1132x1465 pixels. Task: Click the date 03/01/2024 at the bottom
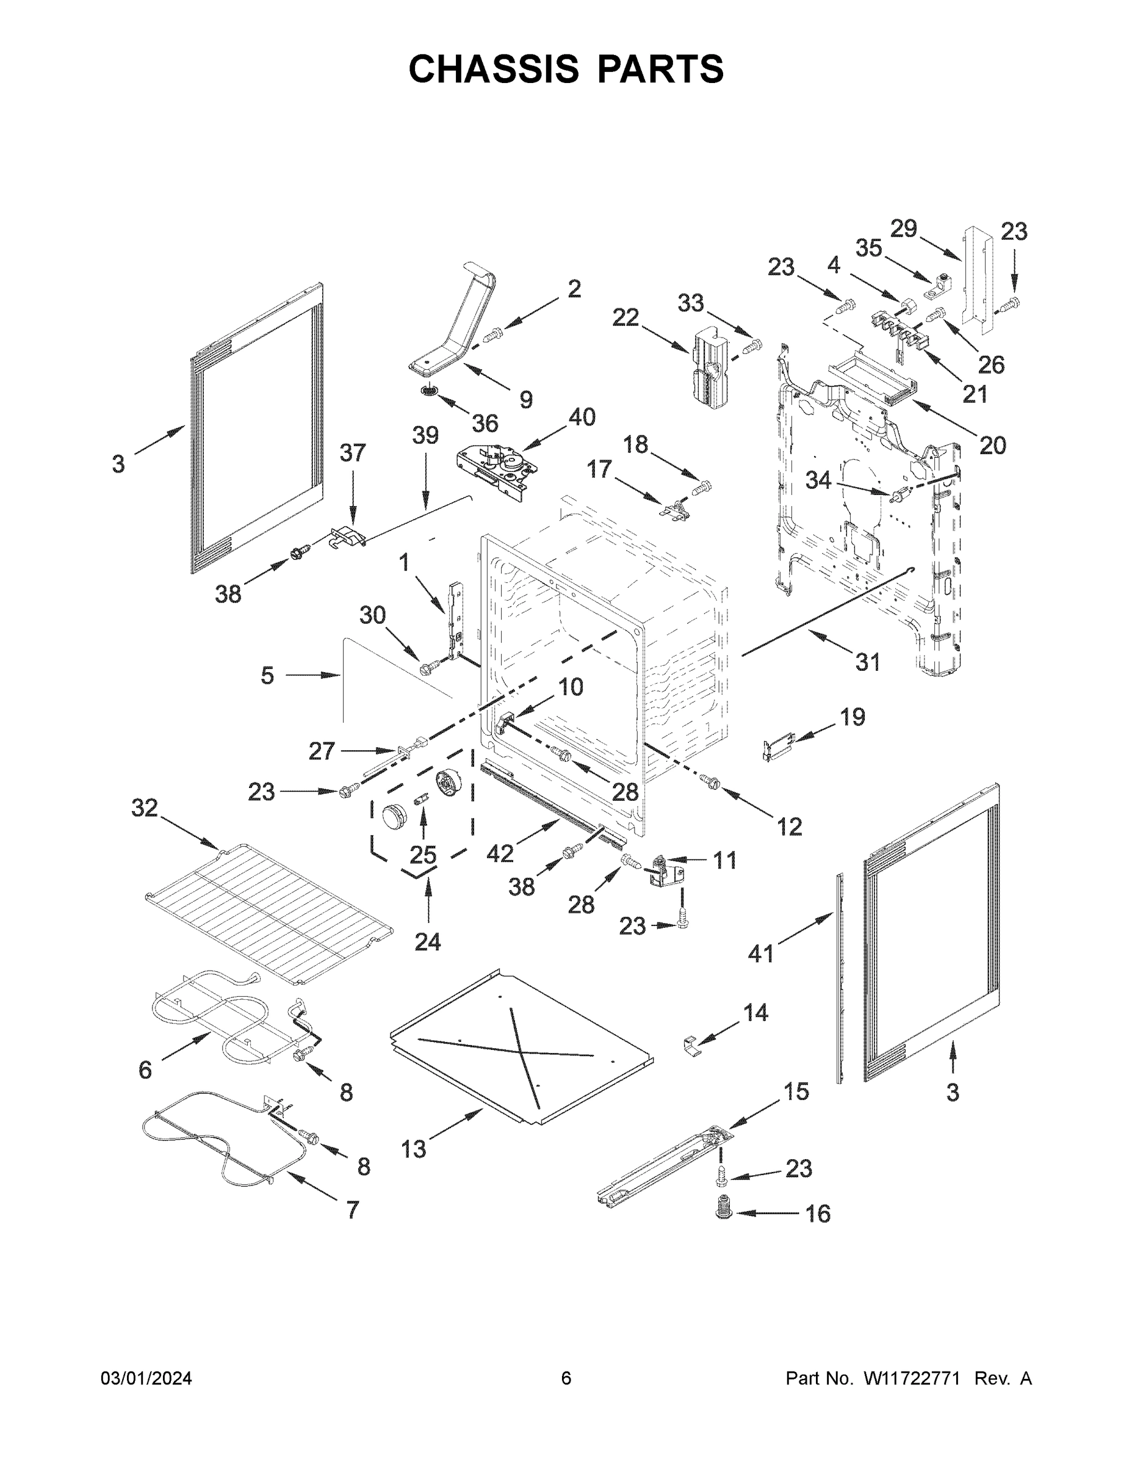[146, 1378]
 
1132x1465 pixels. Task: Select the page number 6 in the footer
[566, 1378]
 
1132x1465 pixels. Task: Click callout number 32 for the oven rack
[144, 808]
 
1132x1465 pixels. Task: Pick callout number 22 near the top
[625, 317]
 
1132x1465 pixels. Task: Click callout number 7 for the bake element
[353, 1229]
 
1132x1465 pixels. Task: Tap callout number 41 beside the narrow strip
[760, 953]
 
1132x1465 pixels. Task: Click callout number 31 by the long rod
[868, 662]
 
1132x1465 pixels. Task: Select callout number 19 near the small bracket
[853, 717]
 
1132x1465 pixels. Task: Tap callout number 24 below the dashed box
[427, 942]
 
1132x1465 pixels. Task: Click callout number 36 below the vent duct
[485, 423]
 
